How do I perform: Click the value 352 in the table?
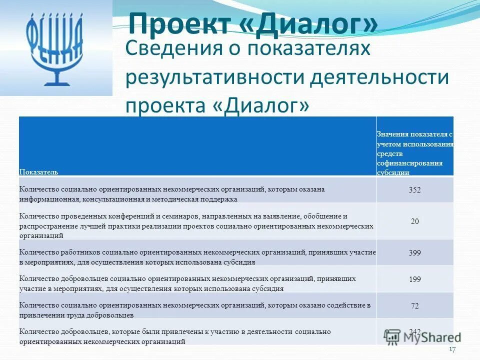(414, 190)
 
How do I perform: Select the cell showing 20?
(414, 221)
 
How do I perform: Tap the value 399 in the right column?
(414, 253)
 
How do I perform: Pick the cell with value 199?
(414, 279)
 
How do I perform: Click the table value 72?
(414, 306)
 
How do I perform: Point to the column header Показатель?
(38, 171)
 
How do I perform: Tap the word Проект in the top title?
(180, 23)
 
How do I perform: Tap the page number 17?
(452, 349)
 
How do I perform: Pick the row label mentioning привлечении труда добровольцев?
(194, 310)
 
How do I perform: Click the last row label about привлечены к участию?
(175, 336)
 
